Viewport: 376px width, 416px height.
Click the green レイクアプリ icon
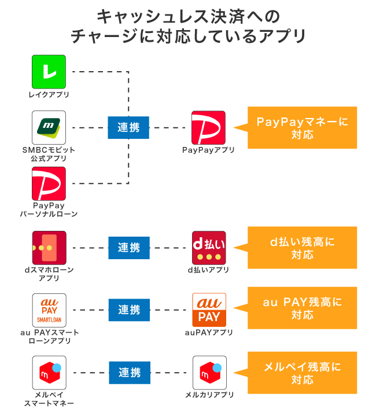tap(49, 72)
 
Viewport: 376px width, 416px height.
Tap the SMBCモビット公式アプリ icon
tap(49, 127)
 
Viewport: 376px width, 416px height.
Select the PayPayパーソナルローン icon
tap(49, 183)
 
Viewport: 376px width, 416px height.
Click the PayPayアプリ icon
tap(208, 127)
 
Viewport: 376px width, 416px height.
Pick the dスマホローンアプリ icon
tap(49, 248)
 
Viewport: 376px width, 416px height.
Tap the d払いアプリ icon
tap(208, 248)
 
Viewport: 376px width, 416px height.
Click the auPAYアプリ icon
tap(208, 310)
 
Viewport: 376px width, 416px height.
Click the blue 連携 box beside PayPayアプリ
tap(128, 128)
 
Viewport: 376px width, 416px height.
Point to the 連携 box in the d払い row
tap(128, 248)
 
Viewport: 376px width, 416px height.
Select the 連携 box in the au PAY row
tap(128, 310)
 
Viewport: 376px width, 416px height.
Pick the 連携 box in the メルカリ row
tap(128, 373)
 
